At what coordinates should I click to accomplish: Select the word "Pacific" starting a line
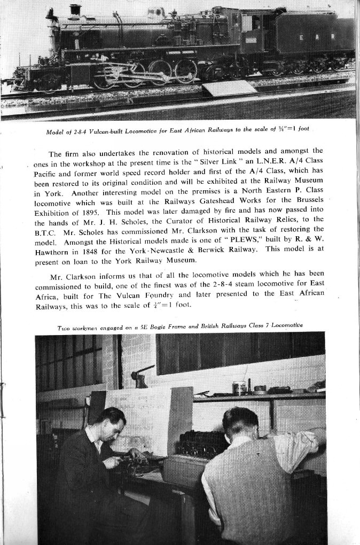click(x=49, y=173)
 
